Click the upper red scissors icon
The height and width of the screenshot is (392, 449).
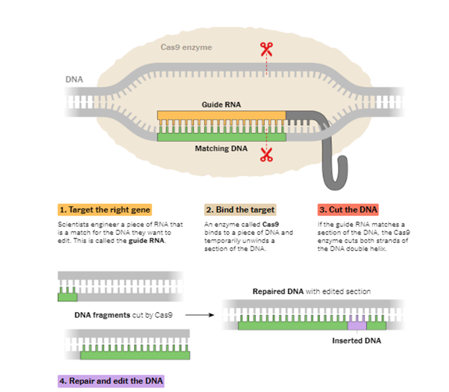[266, 49]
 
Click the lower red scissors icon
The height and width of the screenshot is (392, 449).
[266, 155]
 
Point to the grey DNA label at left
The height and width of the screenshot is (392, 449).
[74, 79]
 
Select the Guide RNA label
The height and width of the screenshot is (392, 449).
[221, 105]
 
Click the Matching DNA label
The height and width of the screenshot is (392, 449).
[221, 148]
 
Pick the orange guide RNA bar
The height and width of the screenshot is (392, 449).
[221, 115]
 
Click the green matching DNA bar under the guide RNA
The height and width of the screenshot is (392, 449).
[221, 137]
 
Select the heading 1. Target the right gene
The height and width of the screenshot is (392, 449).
[104, 209]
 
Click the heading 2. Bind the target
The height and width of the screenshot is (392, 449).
[240, 209]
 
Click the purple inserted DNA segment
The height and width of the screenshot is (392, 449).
[357, 325]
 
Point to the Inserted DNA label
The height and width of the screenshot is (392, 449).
[356, 341]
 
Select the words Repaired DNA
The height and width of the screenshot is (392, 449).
[274, 291]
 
